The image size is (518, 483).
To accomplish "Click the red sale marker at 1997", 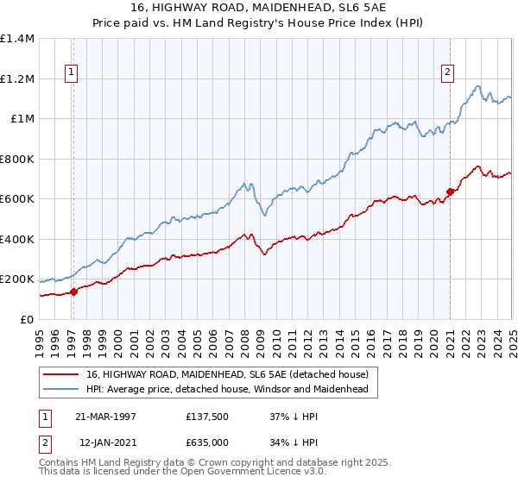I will (73, 292).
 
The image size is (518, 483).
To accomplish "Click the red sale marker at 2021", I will (450, 191).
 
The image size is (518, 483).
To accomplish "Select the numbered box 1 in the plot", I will (70, 73).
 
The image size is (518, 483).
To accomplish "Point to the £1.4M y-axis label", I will (17, 39).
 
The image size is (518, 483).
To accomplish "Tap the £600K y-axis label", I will (17, 199).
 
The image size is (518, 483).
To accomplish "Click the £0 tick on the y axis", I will (27, 320).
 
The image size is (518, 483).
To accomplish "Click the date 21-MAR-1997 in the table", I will (105, 417).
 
